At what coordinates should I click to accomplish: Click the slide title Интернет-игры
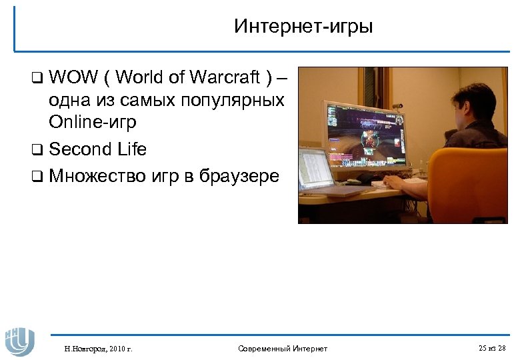pos(303,27)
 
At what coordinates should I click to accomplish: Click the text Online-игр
pos(92,122)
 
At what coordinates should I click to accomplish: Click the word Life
pos(131,149)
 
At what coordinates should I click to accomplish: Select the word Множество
pos(95,176)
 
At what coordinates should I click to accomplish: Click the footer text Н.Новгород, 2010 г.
pos(98,348)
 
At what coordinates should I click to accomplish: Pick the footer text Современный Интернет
pos(283,348)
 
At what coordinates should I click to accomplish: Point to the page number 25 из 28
pos(492,348)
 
